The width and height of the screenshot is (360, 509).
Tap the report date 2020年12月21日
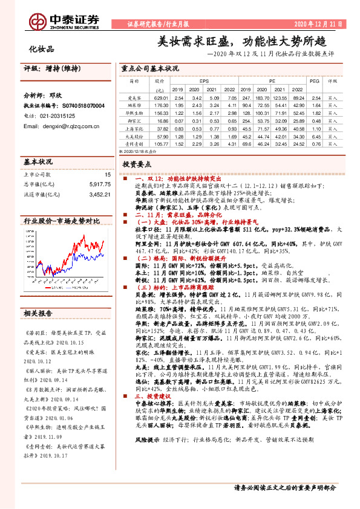tap(321, 24)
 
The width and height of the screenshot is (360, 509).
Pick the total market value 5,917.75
tap(99, 184)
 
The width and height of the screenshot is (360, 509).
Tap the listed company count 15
tap(107, 174)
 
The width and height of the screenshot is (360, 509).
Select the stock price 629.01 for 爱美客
tap(160, 97)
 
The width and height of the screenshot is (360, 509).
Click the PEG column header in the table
tap(314, 80)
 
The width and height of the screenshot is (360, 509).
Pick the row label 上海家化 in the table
tap(134, 129)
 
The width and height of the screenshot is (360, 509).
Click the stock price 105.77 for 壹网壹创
tap(160, 145)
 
